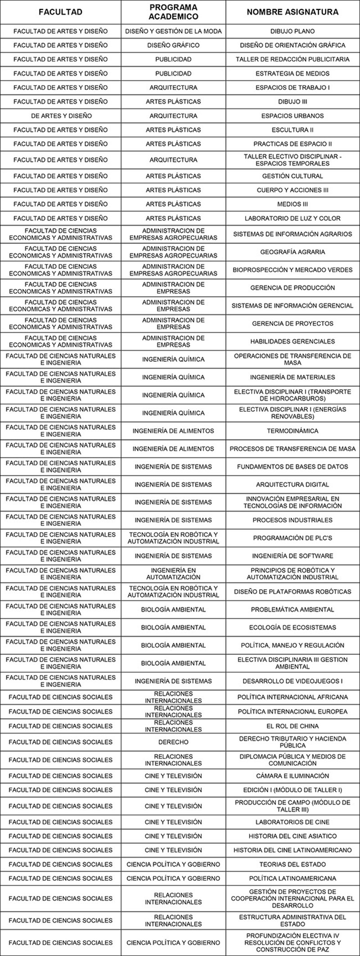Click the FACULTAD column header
point(60,12)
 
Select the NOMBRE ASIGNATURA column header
point(292,12)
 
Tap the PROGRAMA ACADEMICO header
point(173,12)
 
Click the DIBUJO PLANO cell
point(292,32)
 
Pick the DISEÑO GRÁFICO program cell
point(173,45)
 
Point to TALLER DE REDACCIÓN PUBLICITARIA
point(292,59)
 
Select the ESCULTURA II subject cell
point(292,130)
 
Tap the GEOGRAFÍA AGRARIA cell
point(292,252)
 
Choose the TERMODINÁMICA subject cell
point(292,431)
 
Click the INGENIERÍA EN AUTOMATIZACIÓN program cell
point(173,573)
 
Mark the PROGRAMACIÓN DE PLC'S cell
point(292,538)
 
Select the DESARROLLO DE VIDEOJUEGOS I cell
point(292,681)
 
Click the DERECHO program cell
point(173,742)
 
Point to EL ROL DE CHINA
point(292,726)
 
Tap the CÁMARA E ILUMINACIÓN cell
point(292,776)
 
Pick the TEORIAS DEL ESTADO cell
point(292,864)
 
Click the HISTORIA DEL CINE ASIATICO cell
point(292,836)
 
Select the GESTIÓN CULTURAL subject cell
point(292,176)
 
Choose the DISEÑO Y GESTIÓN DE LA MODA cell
point(173,32)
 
